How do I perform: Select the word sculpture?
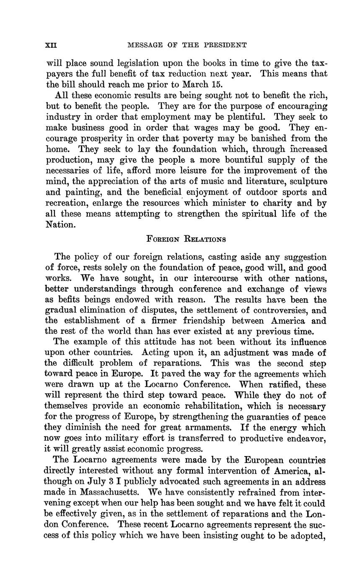pos(303,181)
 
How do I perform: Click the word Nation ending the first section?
pos(60,224)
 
